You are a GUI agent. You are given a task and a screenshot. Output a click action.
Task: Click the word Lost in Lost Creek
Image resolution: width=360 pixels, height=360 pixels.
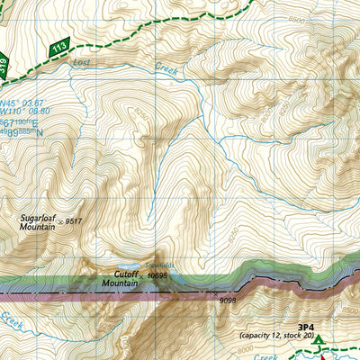point(83,64)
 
